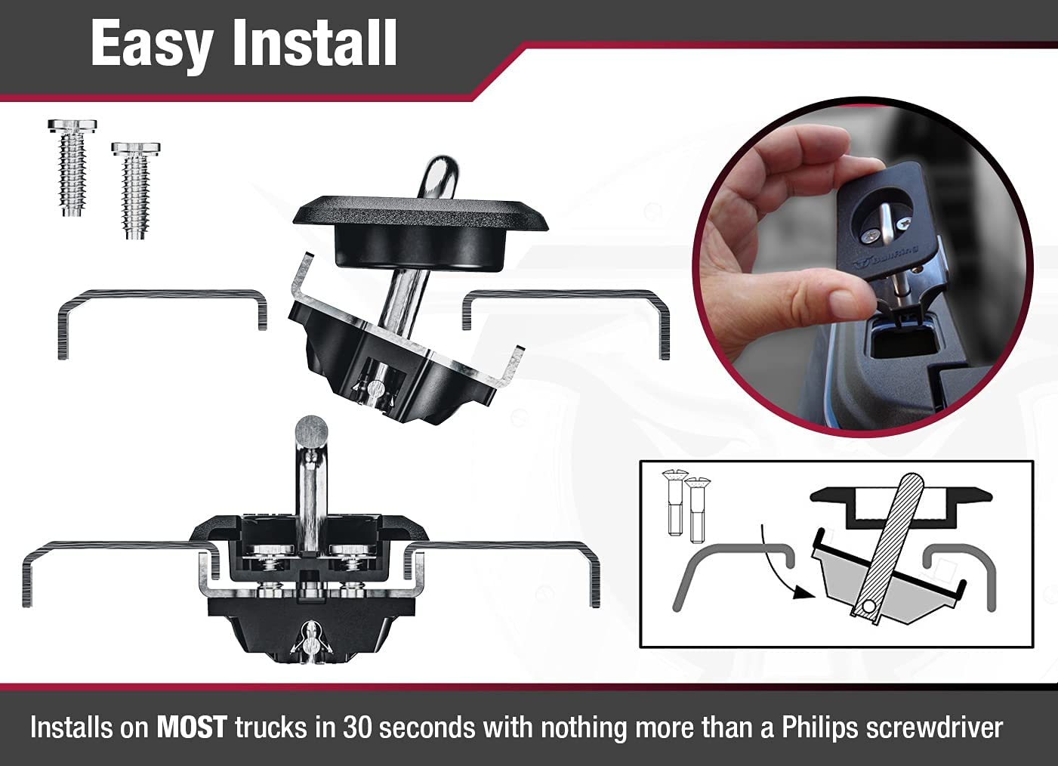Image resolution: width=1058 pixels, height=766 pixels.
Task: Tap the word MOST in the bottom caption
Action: (x=191, y=727)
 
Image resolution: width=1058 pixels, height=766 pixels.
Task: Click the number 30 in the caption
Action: (x=356, y=727)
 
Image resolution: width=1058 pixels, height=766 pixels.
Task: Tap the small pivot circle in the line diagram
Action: (x=868, y=606)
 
